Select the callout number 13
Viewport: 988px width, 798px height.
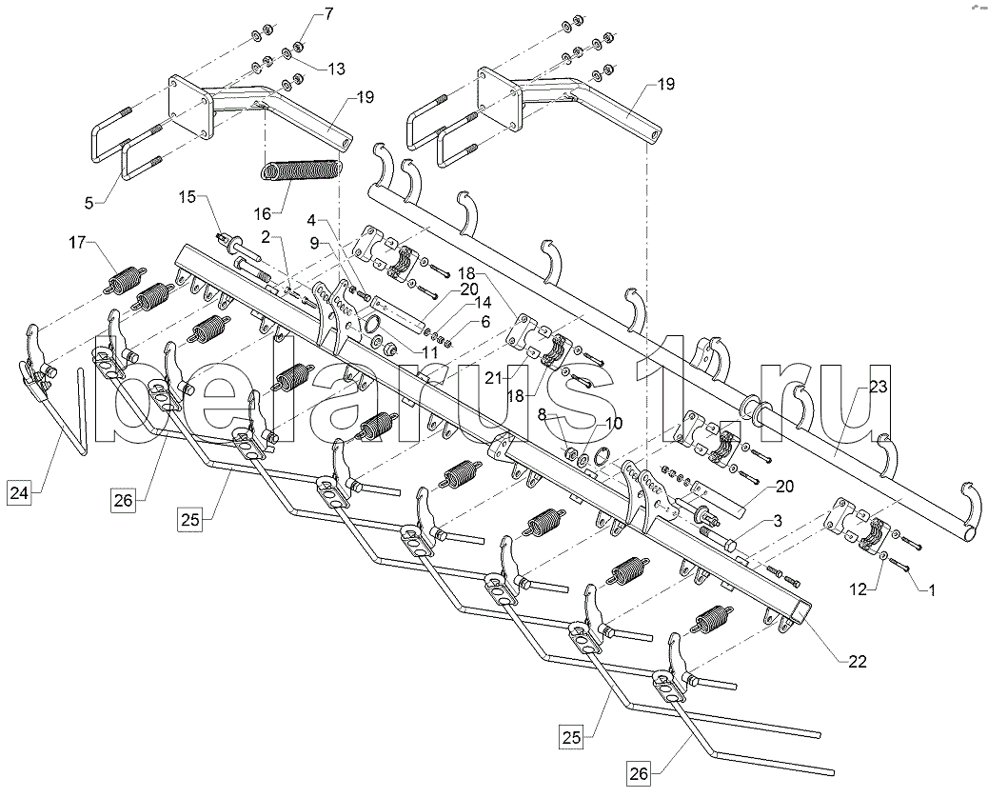point(337,68)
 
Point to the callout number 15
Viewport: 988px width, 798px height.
point(188,197)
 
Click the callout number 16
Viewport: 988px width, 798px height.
point(263,213)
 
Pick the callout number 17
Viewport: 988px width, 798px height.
point(77,242)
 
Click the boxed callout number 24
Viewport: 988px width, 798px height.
point(19,492)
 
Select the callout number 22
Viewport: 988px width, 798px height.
point(857,661)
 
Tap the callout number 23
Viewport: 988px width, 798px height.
point(879,386)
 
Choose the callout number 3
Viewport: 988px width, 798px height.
point(778,521)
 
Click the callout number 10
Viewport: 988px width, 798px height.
point(613,422)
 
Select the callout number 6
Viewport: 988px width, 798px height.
point(484,322)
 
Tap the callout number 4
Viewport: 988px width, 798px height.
point(311,220)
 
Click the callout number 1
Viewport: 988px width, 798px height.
point(930,590)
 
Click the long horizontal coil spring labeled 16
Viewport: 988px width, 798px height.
point(302,170)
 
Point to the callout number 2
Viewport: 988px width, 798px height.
point(266,237)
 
